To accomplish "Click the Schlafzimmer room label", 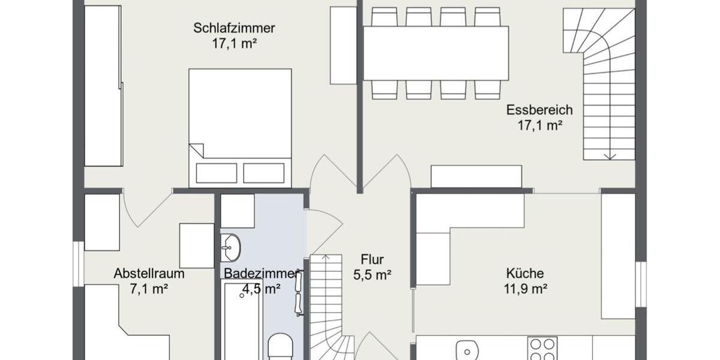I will (x=234, y=28).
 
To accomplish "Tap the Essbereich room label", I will (x=539, y=110).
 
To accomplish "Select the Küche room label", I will (x=524, y=274).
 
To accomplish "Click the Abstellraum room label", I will (x=149, y=274).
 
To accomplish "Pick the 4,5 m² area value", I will (x=262, y=289).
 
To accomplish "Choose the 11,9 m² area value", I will (x=524, y=289).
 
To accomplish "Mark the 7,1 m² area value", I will (x=149, y=289).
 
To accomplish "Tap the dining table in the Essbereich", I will (x=436, y=53).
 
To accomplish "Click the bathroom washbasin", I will (x=230, y=247).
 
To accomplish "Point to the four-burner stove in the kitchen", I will (x=542, y=348).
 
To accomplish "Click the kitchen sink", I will (x=466, y=349).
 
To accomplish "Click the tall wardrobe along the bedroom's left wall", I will (x=103, y=86).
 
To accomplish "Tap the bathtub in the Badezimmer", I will (x=242, y=321).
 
